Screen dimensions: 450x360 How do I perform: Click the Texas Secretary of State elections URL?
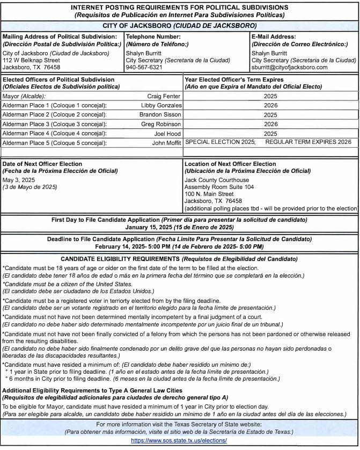point(179,440)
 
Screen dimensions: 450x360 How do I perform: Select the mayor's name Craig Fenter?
point(164,96)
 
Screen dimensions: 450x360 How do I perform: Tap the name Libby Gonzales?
point(160,105)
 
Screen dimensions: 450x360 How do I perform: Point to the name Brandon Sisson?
point(160,115)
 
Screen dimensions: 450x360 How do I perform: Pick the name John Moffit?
point(166,143)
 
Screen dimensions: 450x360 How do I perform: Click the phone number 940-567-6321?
point(143,68)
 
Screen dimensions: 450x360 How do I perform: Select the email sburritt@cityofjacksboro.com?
point(290,68)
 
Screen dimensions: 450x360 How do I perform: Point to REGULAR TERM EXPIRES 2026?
point(308,142)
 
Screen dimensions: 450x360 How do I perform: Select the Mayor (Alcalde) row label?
point(24,96)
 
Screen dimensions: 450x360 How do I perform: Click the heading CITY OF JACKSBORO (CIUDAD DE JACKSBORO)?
point(179,25)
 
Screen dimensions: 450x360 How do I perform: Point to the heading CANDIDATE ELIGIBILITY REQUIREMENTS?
point(179,259)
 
